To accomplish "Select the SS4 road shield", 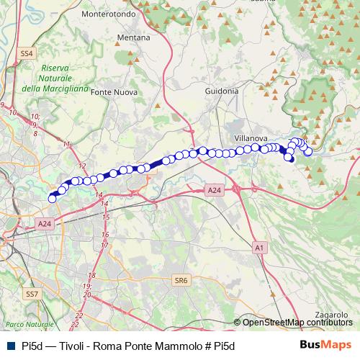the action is tap(27, 54).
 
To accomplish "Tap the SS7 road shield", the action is tap(32, 294).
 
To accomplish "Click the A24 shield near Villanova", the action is tap(214, 190).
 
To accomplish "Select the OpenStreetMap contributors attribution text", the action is tap(297, 323).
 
